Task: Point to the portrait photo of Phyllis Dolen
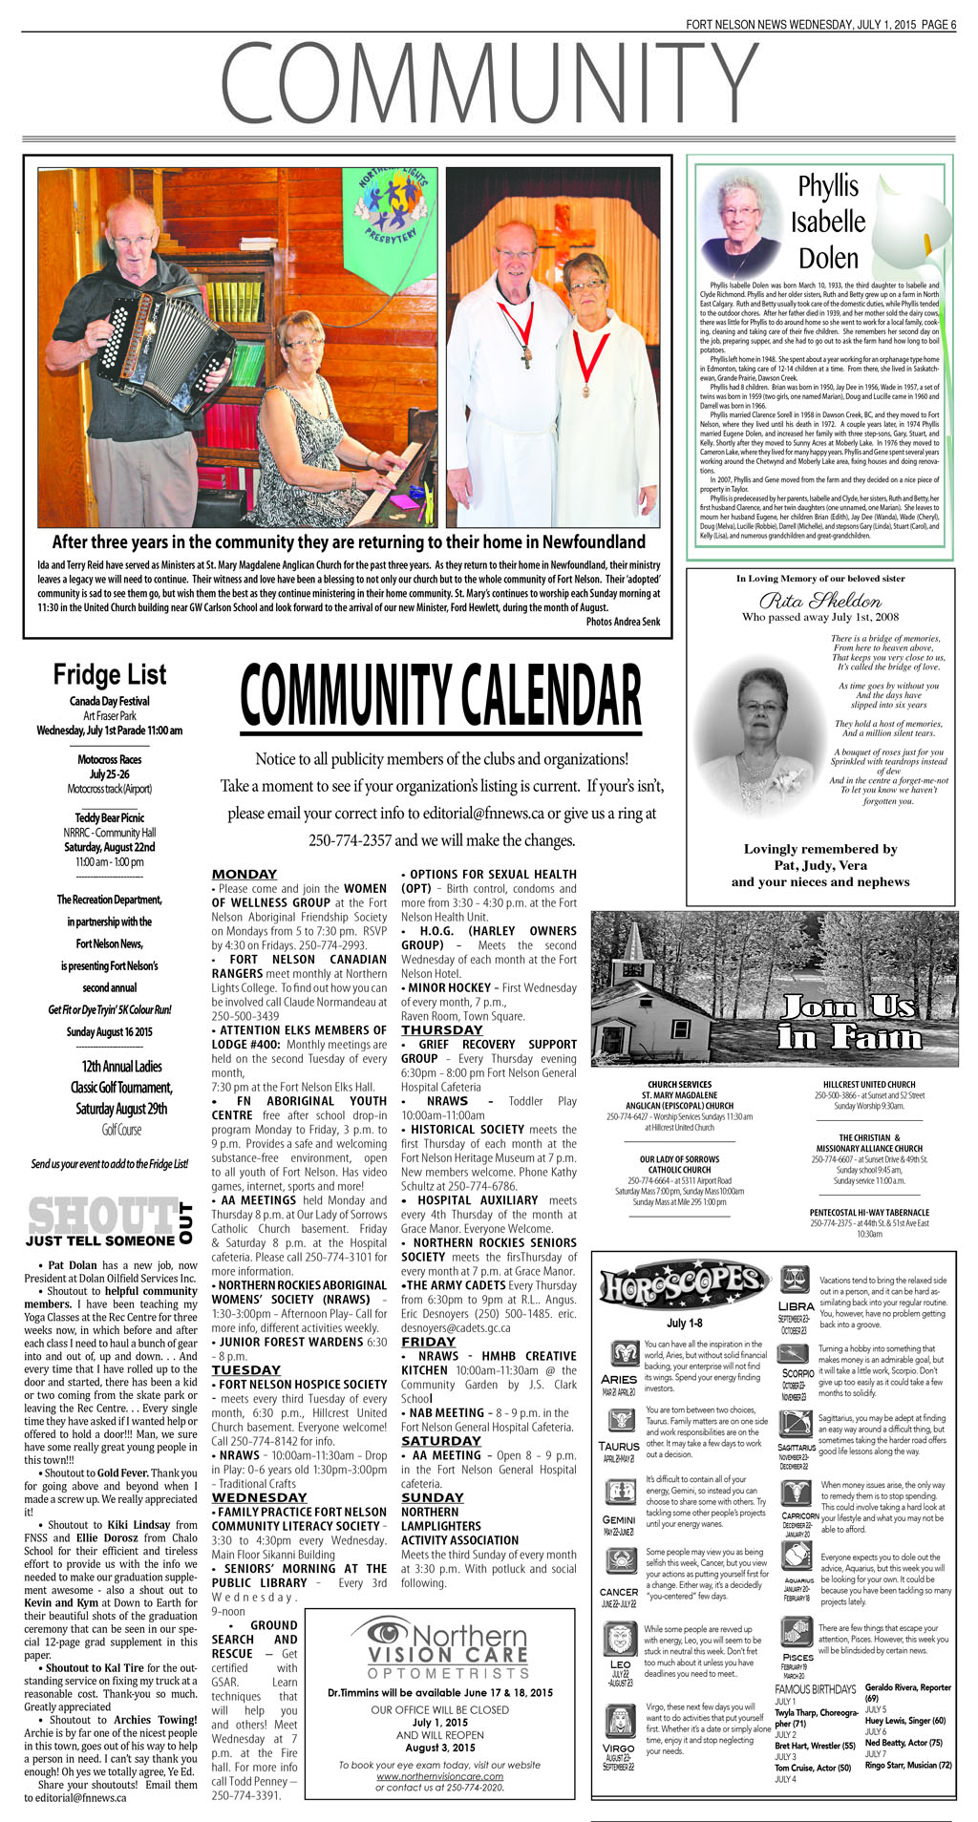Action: [x=738, y=222]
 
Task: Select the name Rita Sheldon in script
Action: [x=820, y=600]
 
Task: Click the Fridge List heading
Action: [x=109, y=675]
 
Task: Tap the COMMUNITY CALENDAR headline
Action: [x=440, y=695]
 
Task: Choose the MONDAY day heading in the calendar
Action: [x=244, y=874]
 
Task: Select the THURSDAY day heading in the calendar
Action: [x=441, y=1029]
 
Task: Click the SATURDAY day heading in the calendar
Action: [x=433, y=1441]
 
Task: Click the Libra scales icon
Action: [x=795, y=1280]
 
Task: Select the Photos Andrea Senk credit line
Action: [x=623, y=622]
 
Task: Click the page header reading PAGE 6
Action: [x=939, y=25]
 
